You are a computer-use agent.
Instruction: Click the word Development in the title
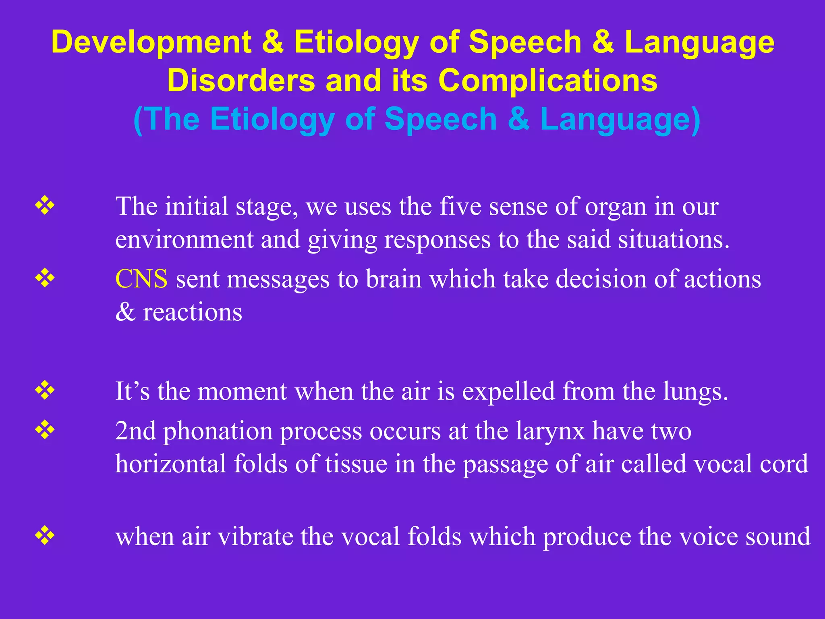(151, 42)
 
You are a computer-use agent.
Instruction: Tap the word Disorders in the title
(241, 80)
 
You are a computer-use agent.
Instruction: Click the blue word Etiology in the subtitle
(272, 119)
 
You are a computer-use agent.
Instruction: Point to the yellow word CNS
(141, 279)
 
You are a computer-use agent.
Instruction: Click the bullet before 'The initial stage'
(45, 206)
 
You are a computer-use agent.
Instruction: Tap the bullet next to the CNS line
(45, 278)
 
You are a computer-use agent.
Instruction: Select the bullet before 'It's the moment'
(45, 391)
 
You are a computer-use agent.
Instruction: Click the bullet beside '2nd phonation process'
(45, 430)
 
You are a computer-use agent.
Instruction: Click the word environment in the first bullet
(184, 239)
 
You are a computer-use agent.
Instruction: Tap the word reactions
(193, 312)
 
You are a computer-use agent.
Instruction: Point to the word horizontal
(170, 463)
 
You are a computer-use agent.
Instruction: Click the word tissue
(356, 463)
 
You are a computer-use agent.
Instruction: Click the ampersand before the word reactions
(125, 312)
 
